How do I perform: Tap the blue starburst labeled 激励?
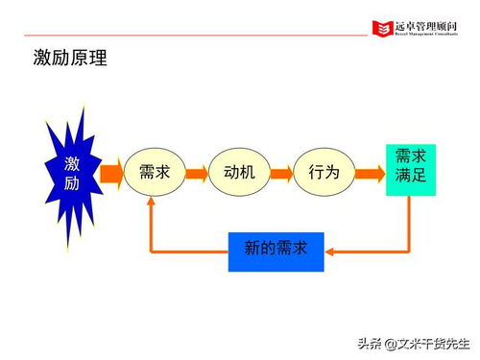click(x=72, y=173)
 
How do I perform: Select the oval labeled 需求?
click(x=155, y=173)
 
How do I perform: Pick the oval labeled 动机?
click(x=239, y=173)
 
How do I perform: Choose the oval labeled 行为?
click(x=324, y=173)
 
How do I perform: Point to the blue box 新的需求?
click(x=276, y=249)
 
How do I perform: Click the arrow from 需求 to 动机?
click(x=197, y=173)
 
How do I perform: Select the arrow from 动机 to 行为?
click(x=281, y=173)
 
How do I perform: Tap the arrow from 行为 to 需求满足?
click(x=368, y=173)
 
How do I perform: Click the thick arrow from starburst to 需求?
click(x=109, y=173)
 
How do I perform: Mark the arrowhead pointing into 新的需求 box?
click(x=331, y=251)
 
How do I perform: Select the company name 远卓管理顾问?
click(x=422, y=25)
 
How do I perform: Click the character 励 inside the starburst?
click(x=72, y=184)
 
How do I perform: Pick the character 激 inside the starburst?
click(x=72, y=162)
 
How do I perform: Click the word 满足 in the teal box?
click(x=410, y=177)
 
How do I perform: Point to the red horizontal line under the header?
click(x=192, y=36)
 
